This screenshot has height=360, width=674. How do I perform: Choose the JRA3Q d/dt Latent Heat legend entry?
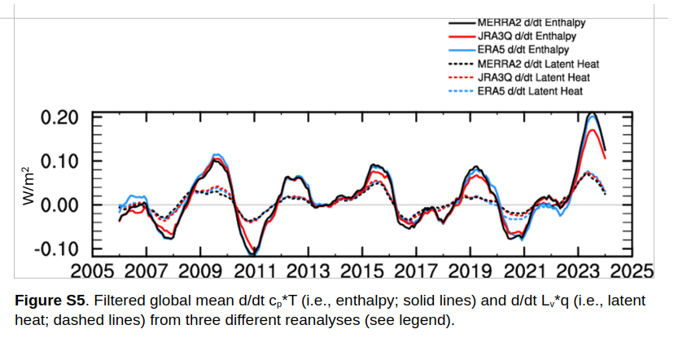pyautogui.click(x=541, y=77)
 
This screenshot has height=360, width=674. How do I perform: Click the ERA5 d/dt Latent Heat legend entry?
pyautogui.click(x=539, y=90)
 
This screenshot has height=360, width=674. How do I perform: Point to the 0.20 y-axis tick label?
pyautogui.click(x=60, y=116)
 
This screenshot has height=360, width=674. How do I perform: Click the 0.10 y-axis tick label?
pyautogui.click(x=60, y=160)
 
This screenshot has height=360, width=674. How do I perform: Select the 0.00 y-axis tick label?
pyautogui.click(x=60, y=204)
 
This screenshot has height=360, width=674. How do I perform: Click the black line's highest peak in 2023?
pyautogui.click(x=593, y=114)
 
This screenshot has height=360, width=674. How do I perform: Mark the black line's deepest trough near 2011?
pyautogui.click(x=253, y=255)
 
